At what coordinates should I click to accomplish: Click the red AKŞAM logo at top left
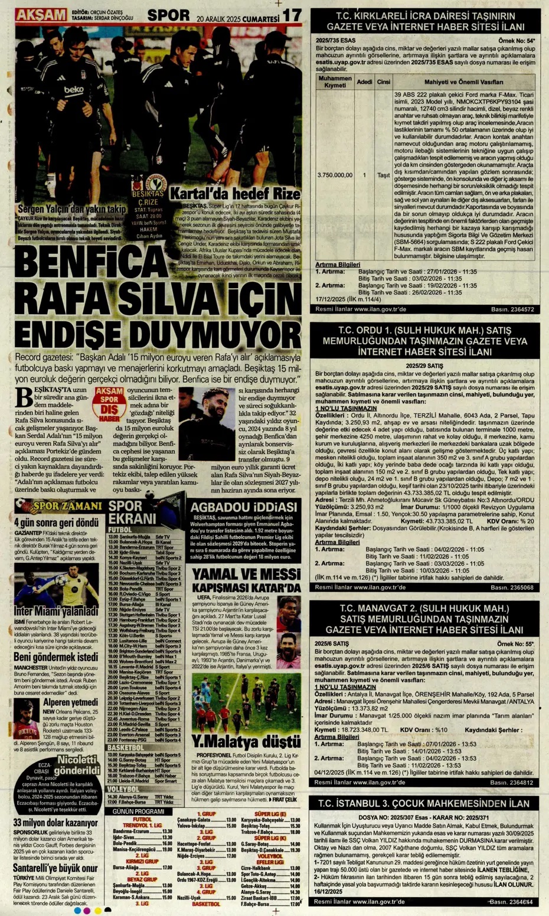click(40, 14)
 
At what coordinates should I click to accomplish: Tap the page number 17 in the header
click(292, 15)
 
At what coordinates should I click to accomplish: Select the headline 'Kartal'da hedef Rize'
click(235, 194)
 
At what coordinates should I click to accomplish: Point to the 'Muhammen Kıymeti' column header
click(335, 82)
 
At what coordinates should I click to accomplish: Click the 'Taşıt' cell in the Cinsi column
click(383, 175)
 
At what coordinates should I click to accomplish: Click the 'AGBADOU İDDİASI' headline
click(243, 508)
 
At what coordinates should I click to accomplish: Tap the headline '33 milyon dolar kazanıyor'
click(55, 823)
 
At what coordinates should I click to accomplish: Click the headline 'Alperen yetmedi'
click(70, 703)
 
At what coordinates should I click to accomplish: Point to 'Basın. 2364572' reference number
click(512, 309)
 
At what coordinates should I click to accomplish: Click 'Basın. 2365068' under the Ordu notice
click(512, 588)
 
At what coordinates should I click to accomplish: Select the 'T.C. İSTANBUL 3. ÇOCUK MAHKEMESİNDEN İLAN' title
click(424, 804)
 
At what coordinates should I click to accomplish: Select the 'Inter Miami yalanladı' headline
click(56, 611)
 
